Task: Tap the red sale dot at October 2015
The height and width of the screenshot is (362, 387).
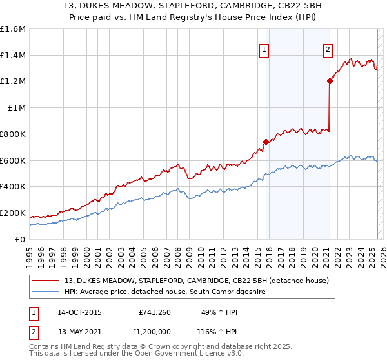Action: [266, 141]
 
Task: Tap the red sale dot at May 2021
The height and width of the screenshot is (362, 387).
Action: [330, 81]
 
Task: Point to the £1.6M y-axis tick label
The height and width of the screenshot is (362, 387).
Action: [13, 29]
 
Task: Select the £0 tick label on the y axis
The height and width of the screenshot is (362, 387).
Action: [19, 239]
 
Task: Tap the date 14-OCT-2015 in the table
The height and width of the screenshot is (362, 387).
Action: [79, 312]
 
